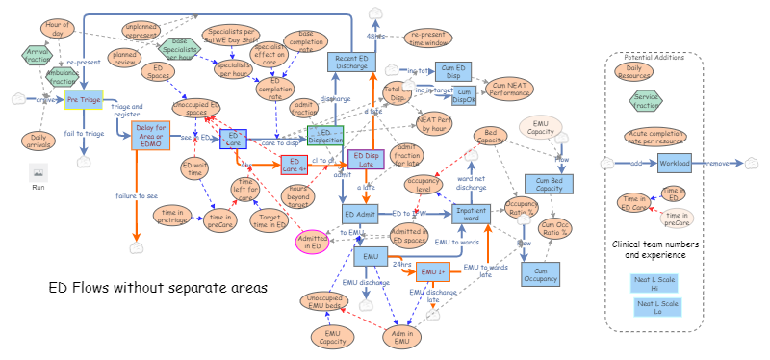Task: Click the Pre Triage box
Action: (85, 98)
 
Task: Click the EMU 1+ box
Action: (435, 270)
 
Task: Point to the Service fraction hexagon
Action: (655, 98)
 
